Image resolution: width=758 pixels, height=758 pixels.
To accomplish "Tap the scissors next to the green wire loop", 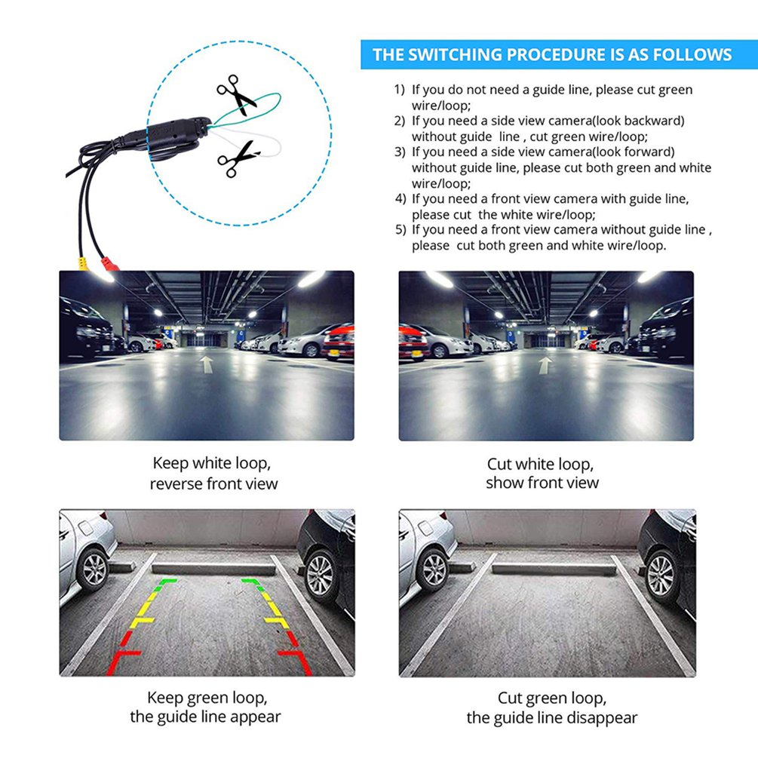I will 237,94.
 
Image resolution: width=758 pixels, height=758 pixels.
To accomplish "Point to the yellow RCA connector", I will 78,265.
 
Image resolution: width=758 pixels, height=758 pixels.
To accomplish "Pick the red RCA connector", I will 109,265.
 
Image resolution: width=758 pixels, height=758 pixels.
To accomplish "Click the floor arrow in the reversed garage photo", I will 207,364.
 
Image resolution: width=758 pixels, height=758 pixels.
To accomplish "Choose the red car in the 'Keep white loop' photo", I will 339,342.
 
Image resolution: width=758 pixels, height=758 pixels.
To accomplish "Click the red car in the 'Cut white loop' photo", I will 413,342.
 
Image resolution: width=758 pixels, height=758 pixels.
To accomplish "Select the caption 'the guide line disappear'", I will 551,717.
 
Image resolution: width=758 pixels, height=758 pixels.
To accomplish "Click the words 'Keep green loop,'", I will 207,698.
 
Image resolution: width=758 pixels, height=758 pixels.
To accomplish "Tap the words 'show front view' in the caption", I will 542,483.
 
